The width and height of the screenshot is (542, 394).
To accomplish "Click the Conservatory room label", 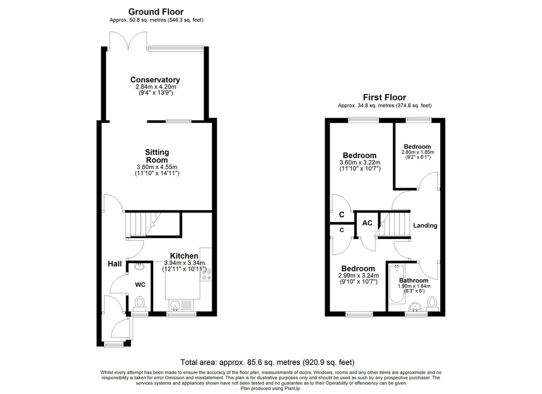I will tap(155, 80).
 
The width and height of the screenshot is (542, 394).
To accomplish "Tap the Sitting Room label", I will tap(157, 155).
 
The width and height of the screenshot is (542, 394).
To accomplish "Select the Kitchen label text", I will tap(184, 256).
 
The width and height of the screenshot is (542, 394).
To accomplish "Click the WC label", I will tap(140, 285).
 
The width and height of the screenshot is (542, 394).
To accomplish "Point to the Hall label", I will tap(115, 264).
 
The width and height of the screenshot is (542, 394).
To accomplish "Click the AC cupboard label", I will tap(367, 223).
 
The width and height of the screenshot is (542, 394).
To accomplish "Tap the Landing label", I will tap(425, 225).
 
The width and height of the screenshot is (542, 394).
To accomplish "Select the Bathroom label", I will tap(414, 280).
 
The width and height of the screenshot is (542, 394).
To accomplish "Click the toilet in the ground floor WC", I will tap(140, 303).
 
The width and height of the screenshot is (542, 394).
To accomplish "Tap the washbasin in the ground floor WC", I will tap(139, 268).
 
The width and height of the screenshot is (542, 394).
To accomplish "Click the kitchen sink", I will tap(176, 305).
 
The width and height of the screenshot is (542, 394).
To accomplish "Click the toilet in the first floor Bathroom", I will tap(433, 303).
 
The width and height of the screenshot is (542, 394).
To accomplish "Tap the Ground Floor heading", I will tap(156, 11).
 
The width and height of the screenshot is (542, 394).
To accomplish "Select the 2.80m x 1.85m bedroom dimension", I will tap(417, 153).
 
